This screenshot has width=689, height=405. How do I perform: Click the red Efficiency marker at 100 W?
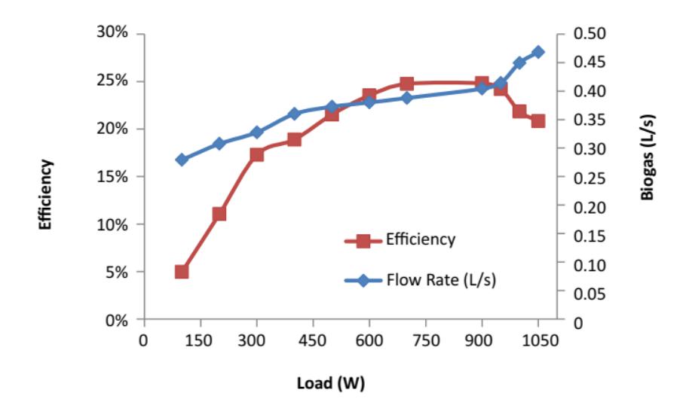point(182,272)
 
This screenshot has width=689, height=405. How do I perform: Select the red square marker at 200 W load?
point(219,214)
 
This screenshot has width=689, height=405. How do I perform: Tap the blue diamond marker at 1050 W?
point(537,52)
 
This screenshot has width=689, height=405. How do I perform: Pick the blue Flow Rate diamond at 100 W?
point(182,160)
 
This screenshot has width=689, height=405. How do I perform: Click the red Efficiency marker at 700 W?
point(406,84)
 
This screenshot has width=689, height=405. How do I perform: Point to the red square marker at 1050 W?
point(537,121)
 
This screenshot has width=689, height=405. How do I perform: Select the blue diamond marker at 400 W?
point(294,114)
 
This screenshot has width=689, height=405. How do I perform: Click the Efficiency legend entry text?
point(421,239)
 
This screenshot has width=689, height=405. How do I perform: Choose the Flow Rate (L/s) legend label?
point(441,280)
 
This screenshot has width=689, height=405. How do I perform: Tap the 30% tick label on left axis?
point(112,32)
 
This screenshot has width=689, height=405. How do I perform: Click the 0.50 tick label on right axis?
point(589,33)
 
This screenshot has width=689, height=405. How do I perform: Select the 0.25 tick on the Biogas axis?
point(589,178)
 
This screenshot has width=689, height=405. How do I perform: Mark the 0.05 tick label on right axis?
point(589,294)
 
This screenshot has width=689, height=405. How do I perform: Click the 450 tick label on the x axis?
point(312,340)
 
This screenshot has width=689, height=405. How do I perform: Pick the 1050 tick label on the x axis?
point(540,340)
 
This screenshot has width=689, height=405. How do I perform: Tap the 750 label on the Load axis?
point(425,340)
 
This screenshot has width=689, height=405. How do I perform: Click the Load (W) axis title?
point(331,383)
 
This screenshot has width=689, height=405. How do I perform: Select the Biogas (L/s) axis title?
point(648,157)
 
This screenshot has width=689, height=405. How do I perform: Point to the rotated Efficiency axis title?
point(45,194)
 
